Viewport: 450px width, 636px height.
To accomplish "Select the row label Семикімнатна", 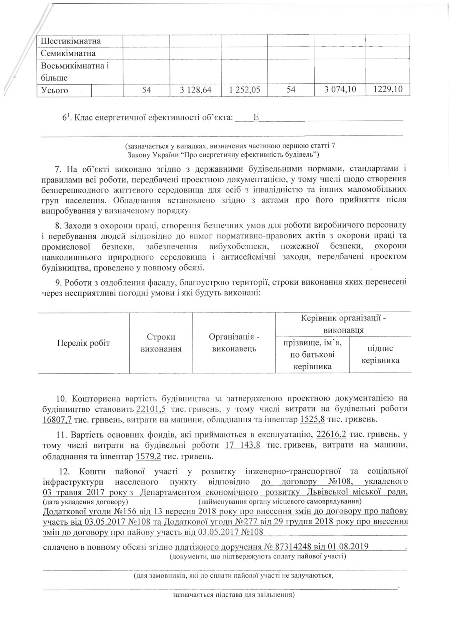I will [x=68, y=53].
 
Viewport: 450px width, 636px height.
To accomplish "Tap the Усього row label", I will [x=55, y=90].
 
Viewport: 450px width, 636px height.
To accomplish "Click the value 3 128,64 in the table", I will [x=195, y=90].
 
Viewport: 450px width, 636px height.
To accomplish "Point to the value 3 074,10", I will [x=340, y=90].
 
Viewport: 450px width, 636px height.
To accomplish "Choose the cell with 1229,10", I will [x=387, y=90].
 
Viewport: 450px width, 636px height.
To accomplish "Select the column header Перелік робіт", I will [x=83, y=343].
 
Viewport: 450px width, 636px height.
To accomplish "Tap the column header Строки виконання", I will [x=161, y=343].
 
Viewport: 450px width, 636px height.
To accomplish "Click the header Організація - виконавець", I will [x=234, y=343].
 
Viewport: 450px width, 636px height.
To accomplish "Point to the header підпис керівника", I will [x=380, y=354].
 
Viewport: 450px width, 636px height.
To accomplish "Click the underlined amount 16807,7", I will [x=58, y=419].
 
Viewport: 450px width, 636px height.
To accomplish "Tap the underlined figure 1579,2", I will [x=148, y=456].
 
